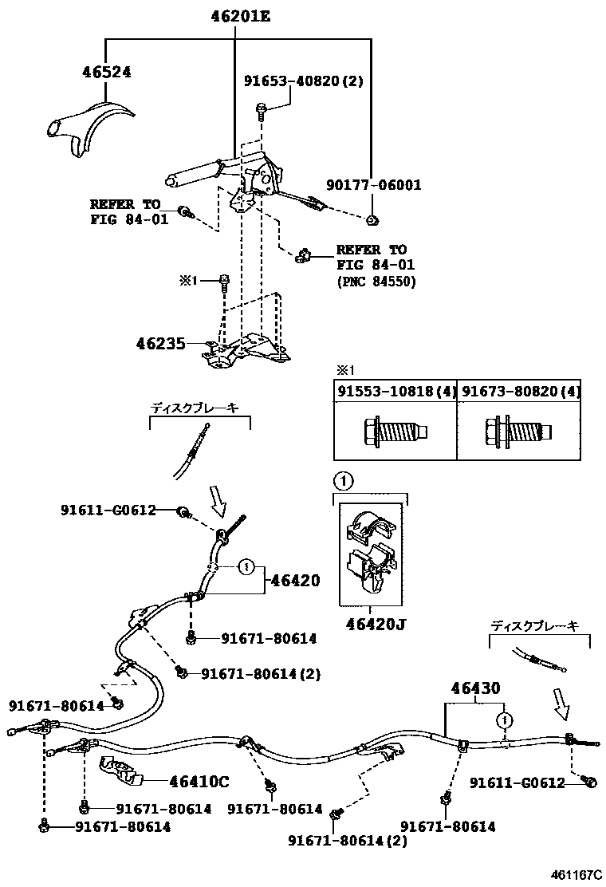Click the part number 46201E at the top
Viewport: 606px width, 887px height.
241,15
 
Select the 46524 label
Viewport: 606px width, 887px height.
106,72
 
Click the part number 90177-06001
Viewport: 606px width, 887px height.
374,185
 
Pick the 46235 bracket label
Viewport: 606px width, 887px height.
160,345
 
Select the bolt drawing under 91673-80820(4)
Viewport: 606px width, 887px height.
518,432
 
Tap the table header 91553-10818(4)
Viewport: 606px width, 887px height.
395,391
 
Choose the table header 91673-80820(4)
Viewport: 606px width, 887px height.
519,391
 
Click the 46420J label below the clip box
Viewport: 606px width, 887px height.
375,625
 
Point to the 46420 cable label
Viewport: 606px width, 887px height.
295,581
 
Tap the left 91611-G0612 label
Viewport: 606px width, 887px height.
108,510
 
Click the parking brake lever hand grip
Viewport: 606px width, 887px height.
192,173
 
